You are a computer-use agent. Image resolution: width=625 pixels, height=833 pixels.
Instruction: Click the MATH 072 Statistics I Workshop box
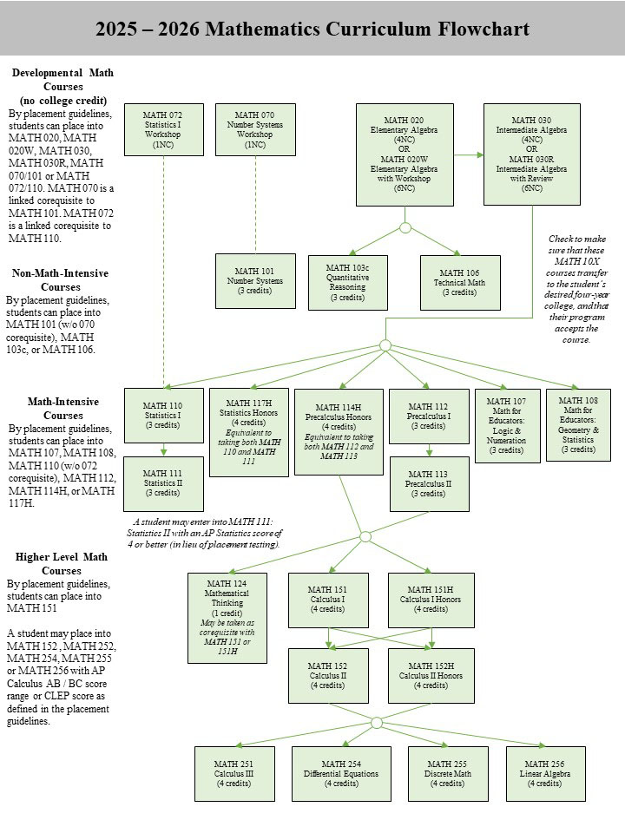(164, 129)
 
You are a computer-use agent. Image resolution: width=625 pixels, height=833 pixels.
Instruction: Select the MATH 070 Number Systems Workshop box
(255, 129)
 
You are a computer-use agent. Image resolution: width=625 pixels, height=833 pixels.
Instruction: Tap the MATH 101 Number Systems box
(255, 281)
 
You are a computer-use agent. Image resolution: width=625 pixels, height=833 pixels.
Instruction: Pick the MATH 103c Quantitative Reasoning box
(347, 283)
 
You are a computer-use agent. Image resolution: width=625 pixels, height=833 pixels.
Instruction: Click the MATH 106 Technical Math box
(460, 283)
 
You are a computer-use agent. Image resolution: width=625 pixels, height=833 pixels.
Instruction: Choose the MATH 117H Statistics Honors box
(249, 432)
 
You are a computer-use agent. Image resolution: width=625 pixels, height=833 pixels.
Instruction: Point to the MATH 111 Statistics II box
(163, 484)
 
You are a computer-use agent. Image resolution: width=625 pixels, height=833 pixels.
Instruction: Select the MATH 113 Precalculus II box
(429, 484)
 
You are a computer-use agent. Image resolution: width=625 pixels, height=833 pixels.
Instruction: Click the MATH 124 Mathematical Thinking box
(227, 618)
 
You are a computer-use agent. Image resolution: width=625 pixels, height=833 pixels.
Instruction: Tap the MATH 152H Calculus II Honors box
(431, 676)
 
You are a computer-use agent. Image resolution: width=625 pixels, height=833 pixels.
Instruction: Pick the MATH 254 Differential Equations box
(341, 773)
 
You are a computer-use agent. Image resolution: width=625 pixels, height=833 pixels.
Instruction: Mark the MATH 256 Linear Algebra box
(545, 773)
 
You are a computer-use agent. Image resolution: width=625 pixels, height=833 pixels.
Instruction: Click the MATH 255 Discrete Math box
(448, 773)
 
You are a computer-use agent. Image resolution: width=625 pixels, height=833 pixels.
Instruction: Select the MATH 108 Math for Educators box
(578, 425)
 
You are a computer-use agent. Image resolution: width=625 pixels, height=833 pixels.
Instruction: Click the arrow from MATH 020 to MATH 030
(469, 155)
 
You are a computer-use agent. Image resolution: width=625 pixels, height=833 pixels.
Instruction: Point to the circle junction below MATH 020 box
(405, 228)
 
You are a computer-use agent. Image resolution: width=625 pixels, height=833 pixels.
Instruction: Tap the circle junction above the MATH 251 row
(376, 723)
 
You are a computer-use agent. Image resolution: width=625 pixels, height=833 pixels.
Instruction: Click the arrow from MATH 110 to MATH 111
(164, 450)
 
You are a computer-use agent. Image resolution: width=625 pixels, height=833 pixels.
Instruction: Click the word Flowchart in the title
(484, 29)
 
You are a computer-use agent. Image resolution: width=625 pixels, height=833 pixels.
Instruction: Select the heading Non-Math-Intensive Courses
(61, 280)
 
